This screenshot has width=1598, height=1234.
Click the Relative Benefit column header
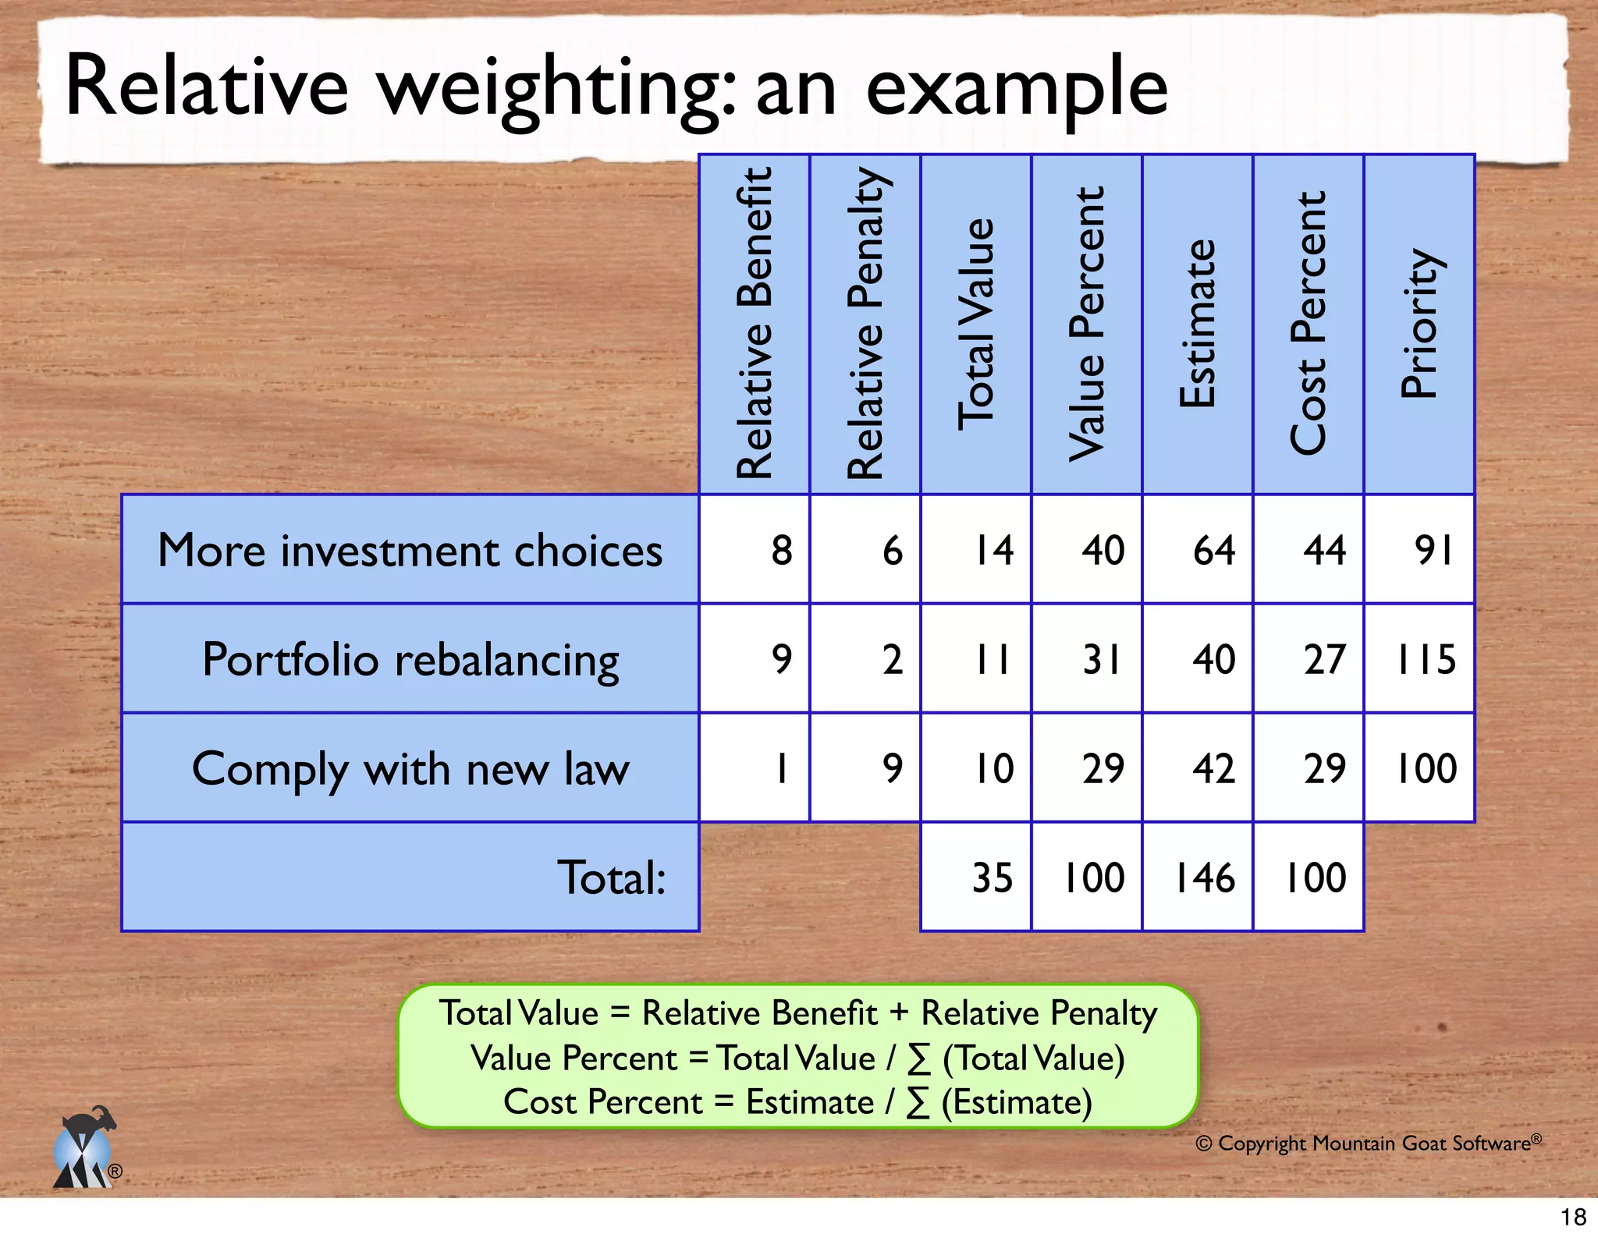click(754, 324)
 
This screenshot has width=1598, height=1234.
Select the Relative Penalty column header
click(865, 324)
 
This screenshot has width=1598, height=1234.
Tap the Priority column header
click(1419, 324)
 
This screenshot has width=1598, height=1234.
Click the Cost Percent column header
click(1308, 324)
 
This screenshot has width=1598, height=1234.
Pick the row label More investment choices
click(410, 550)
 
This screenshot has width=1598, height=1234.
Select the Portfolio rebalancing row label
click(410, 659)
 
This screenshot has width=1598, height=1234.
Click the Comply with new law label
click(410, 769)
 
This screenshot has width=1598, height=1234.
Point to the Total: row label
click(611, 878)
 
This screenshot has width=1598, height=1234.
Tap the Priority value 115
click(1425, 659)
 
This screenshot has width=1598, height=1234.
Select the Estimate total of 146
click(1205, 878)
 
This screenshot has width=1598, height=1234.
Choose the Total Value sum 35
click(992, 878)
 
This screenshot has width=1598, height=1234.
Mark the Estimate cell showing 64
click(1213, 550)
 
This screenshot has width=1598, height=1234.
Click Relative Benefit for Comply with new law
click(781, 768)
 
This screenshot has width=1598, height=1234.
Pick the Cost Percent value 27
click(1324, 659)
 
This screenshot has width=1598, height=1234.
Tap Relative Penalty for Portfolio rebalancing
click(892, 659)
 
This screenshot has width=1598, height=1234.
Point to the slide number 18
click(1573, 1217)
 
